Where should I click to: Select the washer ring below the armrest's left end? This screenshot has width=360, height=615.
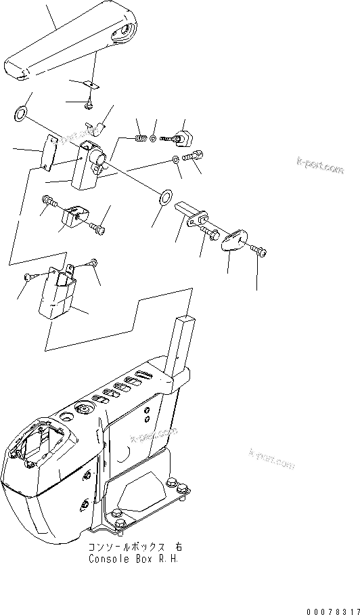click(x=20, y=112)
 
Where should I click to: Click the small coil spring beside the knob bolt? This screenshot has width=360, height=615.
click(x=141, y=139)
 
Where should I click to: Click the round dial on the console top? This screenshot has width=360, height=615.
click(x=85, y=410)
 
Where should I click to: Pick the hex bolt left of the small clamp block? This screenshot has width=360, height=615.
click(x=49, y=200)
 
